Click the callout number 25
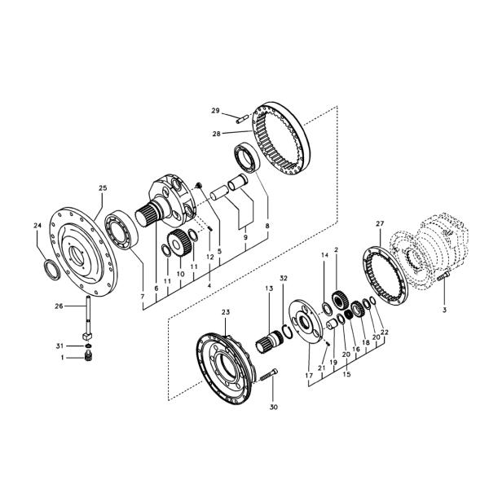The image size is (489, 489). [x=103, y=188]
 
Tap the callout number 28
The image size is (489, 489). [x=216, y=134]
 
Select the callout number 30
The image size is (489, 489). [x=274, y=407]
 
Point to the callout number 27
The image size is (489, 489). [x=380, y=223]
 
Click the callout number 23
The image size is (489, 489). [x=226, y=312]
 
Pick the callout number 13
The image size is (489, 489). [x=269, y=289]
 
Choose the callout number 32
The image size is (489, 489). [x=283, y=278]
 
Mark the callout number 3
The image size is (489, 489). [x=445, y=310]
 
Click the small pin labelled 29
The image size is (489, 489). [x=242, y=119]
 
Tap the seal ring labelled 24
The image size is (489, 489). [x=52, y=269]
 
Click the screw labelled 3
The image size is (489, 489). [x=443, y=276]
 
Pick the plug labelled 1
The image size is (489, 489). [x=89, y=356]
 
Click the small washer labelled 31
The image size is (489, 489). [x=88, y=346]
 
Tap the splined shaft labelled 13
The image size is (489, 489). [x=271, y=341]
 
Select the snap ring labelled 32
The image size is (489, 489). [x=287, y=331]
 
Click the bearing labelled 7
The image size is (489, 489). [x=121, y=230]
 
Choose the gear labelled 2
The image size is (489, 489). [x=337, y=299]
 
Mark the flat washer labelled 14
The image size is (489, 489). [x=327, y=309]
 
